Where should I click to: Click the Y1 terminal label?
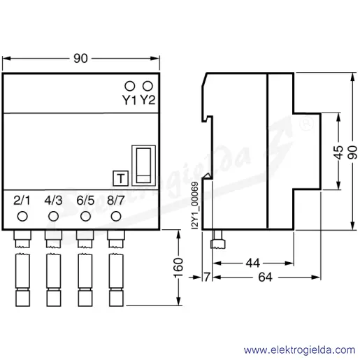[x=129, y=101]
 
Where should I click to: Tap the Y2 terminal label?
[x=148, y=101]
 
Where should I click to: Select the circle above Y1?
[x=130, y=86]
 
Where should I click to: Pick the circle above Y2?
[x=147, y=86]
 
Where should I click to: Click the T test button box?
[x=120, y=178]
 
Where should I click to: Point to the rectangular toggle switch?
[x=143, y=166]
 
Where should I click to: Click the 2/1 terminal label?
[x=22, y=201]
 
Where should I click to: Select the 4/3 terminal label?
[x=54, y=201]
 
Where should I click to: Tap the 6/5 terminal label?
[x=85, y=201]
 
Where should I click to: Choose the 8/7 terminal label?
[x=116, y=201]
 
